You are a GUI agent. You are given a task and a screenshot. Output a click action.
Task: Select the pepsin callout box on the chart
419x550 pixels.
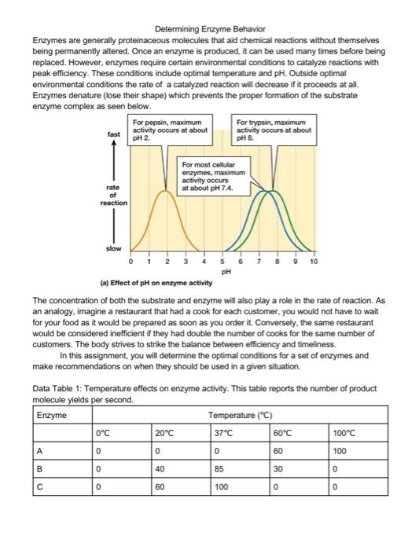(x=170, y=128)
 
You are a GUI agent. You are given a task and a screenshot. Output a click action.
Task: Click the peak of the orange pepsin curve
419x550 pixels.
(x=165, y=191)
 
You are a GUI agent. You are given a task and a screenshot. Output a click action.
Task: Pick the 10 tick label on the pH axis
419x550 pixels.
(x=314, y=260)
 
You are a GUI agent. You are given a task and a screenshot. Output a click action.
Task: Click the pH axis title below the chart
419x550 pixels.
(x=226, y=271)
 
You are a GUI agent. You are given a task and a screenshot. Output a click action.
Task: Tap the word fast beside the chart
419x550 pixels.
(x=114, y=134)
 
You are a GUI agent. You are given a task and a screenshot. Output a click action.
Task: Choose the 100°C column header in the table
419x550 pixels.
(x=344, y=431)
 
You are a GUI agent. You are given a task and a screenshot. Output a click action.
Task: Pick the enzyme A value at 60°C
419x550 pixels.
(x=279, y=451)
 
